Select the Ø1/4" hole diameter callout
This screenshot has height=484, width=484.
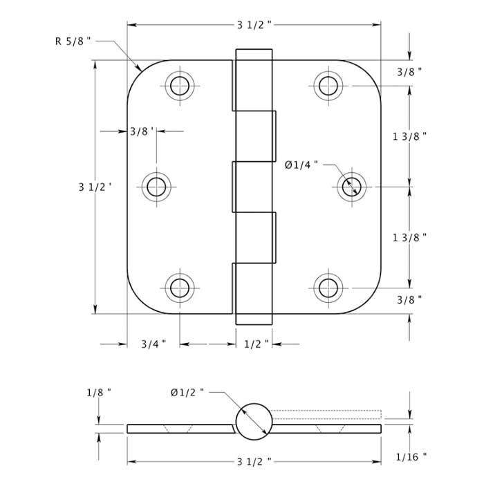coord(301,165)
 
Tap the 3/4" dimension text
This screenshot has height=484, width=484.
coord(153,344)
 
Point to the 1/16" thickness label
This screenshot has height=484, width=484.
coord(412,456)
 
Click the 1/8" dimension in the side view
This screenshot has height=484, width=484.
coord(100,393)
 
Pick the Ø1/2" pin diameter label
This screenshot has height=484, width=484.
coord(187,393)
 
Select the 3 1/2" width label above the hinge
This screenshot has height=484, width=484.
coord(254,25)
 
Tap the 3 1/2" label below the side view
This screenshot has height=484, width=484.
coord(254,460)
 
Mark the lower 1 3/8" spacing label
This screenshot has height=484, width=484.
coord(409,236)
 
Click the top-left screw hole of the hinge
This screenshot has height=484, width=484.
coord(180,86)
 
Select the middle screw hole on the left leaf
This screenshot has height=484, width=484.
coord(156,187)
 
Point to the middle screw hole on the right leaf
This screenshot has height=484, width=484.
coord(352,187)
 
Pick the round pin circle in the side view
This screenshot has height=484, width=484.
coord(253,421)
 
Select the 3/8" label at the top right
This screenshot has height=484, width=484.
coord(409,71)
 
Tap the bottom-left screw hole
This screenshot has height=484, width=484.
coord(180,287)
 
